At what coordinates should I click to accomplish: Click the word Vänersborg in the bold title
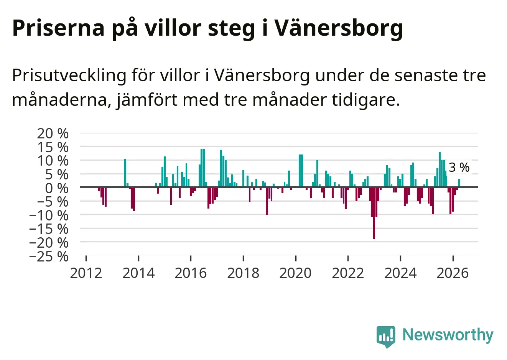point(338,28)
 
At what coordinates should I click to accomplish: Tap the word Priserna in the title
point(58,28)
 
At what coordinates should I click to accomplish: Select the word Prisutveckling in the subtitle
point(69,76)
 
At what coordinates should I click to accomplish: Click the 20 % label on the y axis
point(53,133)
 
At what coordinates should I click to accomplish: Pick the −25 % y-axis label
point(49,257)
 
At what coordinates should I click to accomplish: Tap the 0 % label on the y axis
point(57,188)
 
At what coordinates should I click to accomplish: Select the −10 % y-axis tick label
point(49,215)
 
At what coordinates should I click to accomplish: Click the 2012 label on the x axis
point(86,273)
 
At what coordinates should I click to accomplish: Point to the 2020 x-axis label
point(295,273)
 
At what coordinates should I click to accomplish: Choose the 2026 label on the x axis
point(453,273)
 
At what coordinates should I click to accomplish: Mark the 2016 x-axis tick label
point(191,273)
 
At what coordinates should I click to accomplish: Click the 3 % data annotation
point(459,168)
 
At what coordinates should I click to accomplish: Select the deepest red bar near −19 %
point(374,213)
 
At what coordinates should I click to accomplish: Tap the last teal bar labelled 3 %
point(459,183)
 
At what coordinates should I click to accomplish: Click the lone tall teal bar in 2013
point(125,173)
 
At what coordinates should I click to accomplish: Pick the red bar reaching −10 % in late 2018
point(267,201)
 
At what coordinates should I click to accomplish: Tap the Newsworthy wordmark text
point(448,335)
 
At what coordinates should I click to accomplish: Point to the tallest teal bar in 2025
point(440,169)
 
